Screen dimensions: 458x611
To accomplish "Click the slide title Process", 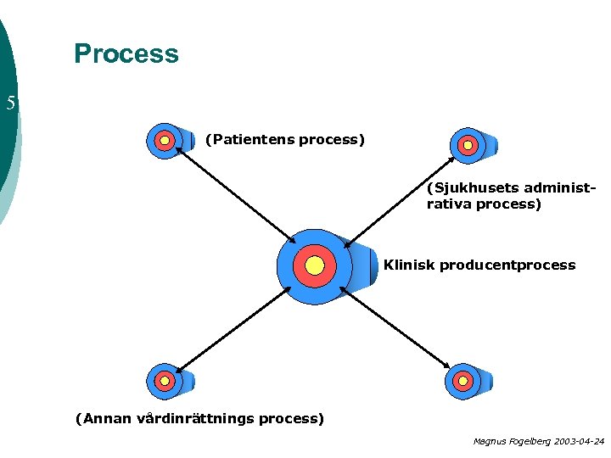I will (126, 53).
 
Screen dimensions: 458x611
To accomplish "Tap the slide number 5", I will (10, 103).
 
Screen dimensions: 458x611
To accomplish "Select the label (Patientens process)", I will (284, 139).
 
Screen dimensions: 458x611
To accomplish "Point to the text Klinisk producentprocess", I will (479, 265).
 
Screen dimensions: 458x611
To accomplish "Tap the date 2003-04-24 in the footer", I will (577, 441).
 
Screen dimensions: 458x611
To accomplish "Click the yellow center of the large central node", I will (315, 266).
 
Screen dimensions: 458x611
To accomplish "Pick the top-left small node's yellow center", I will (165, 140).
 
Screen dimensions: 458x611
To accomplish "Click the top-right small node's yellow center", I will (467, 145).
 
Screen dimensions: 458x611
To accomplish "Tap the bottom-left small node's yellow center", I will (164, 381).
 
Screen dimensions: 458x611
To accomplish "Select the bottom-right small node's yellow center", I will (462, 382).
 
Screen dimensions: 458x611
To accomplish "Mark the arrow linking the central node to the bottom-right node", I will (395, 327).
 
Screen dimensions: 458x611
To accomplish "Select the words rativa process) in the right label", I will (484, 204).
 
